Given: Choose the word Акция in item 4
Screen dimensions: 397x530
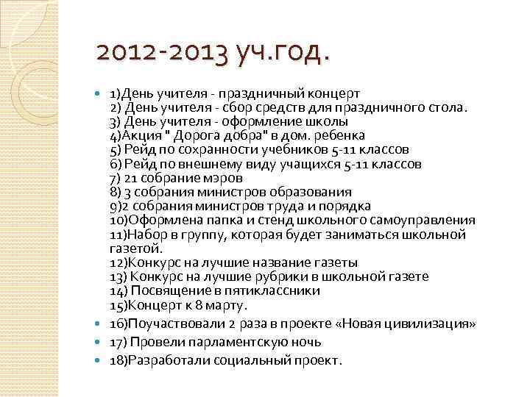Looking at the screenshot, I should (x=137, y=135).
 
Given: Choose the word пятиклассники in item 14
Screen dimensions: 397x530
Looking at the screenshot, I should (x=271, y=290).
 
